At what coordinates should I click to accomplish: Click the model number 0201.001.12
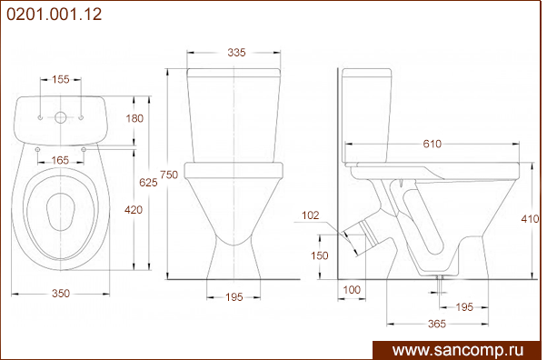click(x=55, y=15)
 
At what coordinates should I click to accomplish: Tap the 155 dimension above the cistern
click(x=61, y=79)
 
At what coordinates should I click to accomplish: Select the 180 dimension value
click(x=134, y=118)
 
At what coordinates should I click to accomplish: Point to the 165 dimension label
click(x=60, y=160)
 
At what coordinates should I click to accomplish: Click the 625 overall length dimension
click(x=148, y=182)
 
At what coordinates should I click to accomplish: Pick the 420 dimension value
click(x=134, y=209)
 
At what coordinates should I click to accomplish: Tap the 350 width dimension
click(x=61, y=294)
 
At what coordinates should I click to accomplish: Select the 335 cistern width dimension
click(x=236, y=53)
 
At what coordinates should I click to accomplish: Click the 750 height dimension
click(x=169, y=175)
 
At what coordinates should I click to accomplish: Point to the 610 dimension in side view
click(x=433, y=144)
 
